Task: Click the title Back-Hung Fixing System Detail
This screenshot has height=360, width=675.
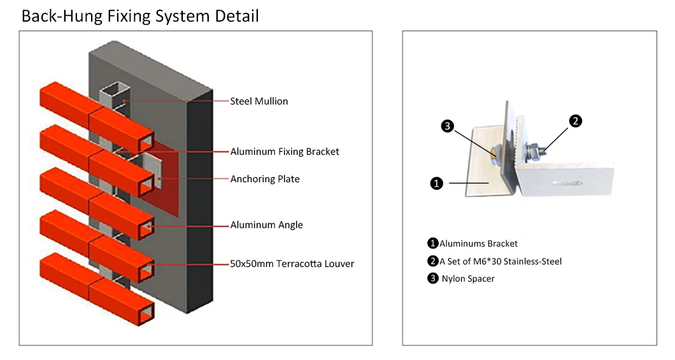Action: [x=140, y=16]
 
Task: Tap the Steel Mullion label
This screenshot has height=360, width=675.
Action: [x=259, y=101]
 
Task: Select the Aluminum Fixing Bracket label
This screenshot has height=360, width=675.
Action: [x=285, y=152]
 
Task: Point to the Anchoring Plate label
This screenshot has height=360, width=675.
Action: [x=265, y=178]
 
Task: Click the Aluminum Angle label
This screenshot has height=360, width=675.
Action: [x=266, y=225]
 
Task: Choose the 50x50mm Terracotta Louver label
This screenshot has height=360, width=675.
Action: [x=292, y=264]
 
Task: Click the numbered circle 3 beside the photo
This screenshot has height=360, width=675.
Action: [x=447, y=126]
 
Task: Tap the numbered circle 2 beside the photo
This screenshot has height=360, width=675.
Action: [x=576, y=121]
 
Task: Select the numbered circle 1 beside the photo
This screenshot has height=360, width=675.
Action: [x=436, y=184]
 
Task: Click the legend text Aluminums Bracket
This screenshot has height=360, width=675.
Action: [x=478, y=244]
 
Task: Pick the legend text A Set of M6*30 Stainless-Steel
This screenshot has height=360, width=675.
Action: [x=501, y=261]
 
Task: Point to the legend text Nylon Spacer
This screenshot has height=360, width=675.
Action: [x=468, y=278]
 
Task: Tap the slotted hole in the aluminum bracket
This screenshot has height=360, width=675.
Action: [x=569, y=184]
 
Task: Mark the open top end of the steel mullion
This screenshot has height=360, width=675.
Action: [x=115, y=90]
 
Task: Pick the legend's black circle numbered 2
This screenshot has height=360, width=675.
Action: [x=432, y=261]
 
